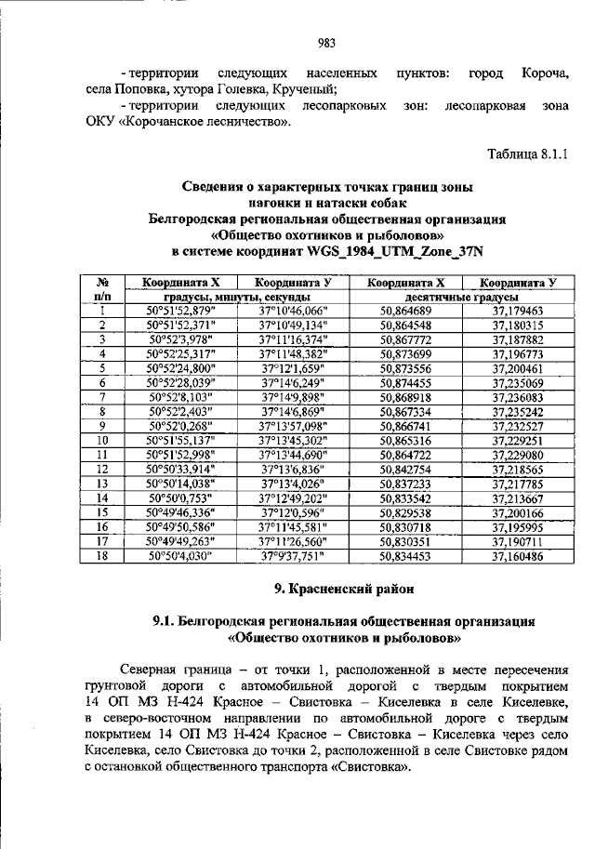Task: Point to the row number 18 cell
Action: click(104, 556)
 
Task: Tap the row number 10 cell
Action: click(104, 440)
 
